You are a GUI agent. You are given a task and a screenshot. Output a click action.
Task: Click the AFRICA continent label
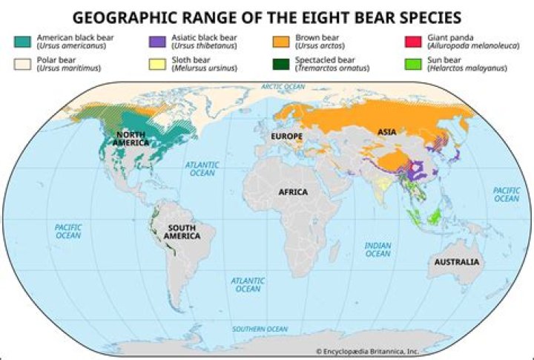293,192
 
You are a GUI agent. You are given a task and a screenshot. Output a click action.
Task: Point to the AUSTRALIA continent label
457,263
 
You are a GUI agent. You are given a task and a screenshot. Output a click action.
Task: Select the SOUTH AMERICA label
182,232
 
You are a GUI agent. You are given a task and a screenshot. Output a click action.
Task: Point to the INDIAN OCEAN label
378,249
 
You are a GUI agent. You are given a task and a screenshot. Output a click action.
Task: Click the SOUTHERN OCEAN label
259,329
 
